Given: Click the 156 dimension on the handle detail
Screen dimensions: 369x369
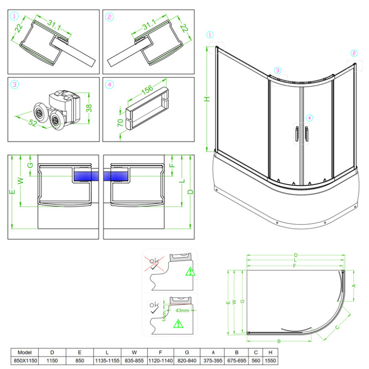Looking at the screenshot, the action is coord(147,90).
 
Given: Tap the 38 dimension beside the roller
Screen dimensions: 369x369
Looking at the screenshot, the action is coord(89,108).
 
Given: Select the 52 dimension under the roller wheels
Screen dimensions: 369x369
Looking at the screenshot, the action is coord(33,123).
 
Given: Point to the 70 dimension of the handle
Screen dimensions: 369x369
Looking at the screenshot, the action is coord(120,123).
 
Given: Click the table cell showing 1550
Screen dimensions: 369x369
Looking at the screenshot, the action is coord(270,360).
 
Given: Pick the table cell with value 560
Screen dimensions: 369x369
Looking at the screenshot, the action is coord(256,360).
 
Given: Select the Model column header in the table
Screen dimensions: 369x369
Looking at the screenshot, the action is coord(25,352).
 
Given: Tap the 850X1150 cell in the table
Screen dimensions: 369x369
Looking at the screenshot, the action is coord(25,360).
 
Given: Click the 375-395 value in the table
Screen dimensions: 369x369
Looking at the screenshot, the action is coord(213,360).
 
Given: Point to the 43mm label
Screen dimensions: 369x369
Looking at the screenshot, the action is coord(182,310).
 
